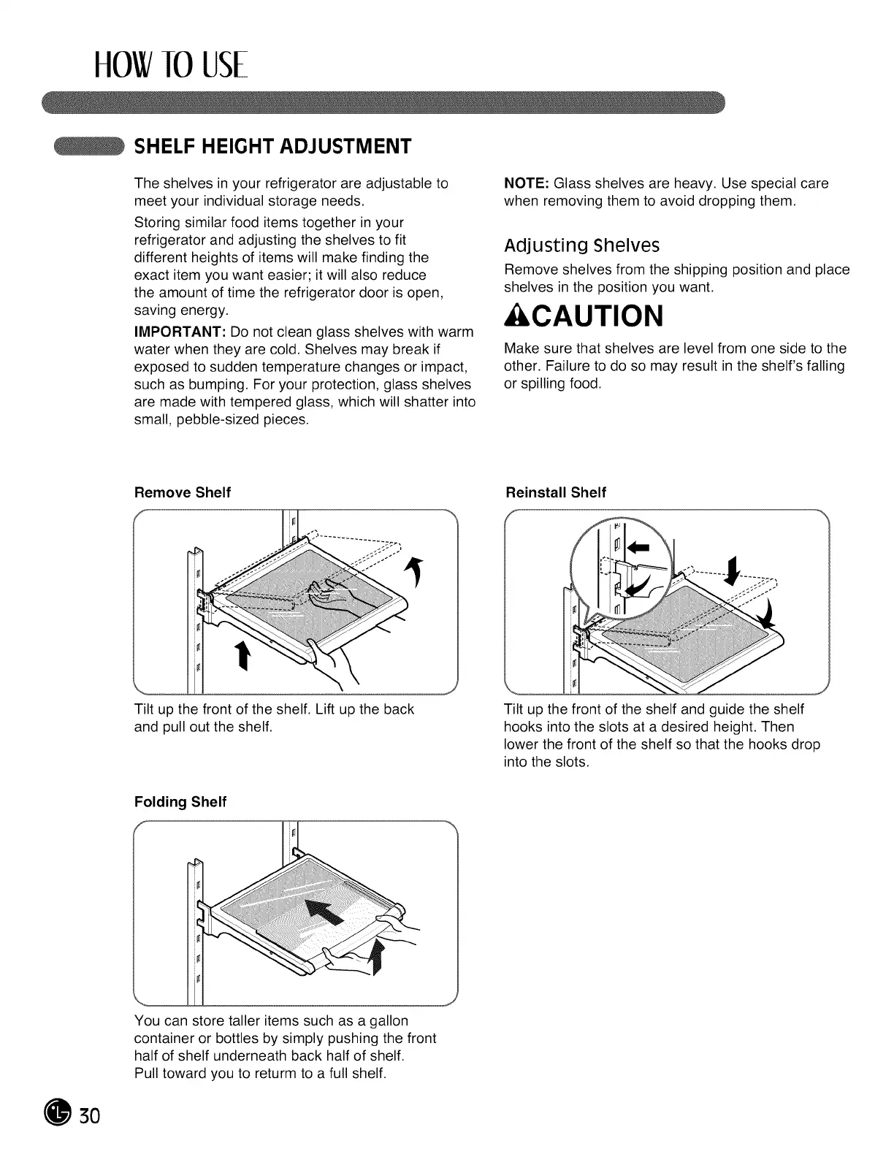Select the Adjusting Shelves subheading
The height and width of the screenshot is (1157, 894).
581,245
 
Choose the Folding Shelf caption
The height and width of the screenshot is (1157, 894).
180,802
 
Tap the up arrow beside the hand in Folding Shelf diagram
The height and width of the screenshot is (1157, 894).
378,958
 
